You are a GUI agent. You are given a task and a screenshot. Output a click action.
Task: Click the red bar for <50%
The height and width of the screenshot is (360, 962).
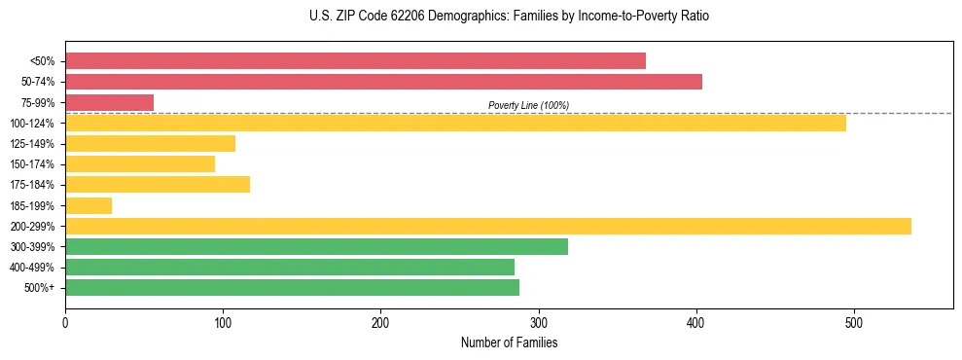(x=355, y=61)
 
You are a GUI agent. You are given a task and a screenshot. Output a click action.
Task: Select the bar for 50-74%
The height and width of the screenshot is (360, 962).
(x=383, y=82)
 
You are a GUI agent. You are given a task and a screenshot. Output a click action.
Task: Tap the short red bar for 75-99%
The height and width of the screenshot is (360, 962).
(x=109, y=102)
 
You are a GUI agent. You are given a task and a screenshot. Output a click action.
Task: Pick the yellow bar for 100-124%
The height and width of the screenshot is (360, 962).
(x=455, y=123)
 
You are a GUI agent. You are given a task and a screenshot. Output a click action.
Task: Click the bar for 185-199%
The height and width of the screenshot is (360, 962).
(x=89, y=205)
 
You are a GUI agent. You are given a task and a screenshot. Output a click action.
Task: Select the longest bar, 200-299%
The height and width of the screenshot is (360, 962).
(x=487, y=226)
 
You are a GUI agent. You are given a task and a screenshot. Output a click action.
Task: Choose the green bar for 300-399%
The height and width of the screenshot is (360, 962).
(x=316, y=246)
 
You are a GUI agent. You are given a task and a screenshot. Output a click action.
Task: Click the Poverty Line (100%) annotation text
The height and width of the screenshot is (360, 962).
(x=528, y=105)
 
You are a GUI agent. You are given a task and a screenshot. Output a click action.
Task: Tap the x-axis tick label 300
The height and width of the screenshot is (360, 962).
(x=539, y=322)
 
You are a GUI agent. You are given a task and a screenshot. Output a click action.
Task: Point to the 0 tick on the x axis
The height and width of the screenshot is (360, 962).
(x=65, y=322)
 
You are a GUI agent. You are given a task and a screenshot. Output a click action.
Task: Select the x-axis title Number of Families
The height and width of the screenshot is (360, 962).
(x=509, y=342)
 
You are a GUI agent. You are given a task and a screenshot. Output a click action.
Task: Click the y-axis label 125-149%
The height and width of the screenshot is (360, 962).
(x=32, y=144)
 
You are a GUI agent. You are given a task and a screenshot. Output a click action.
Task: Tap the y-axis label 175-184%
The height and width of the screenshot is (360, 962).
(x=32, y=185)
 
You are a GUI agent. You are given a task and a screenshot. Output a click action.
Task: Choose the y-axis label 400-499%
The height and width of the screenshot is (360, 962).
(x=32, y=268)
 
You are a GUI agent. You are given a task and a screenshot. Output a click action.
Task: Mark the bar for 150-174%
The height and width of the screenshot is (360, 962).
(x=140, y=163)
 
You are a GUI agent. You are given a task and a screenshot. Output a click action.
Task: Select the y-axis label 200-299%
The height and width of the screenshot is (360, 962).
(x=32, y=227)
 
